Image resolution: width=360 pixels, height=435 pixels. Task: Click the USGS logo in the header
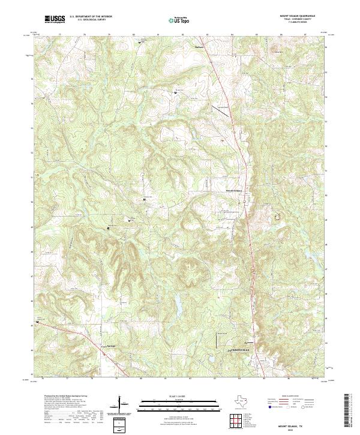tap(55, 19)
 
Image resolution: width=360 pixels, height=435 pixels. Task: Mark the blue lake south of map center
tap(178, 309)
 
